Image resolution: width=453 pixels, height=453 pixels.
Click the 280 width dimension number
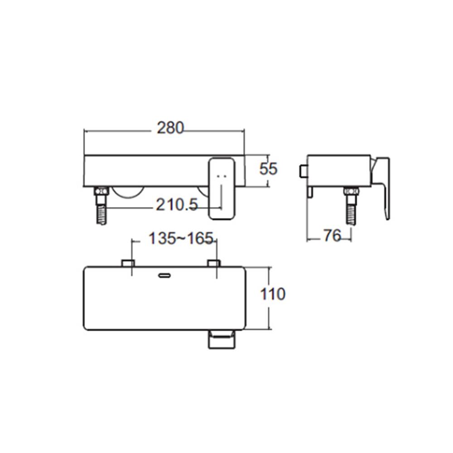[x=170, y=128]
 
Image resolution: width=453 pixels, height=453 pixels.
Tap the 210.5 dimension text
[x=177, y=205]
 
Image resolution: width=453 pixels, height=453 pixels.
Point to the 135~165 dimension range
[x=181, y=238]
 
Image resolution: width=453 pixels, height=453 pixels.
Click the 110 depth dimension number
[x=273, y=294]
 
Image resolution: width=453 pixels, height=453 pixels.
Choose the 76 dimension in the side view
[x=333, y=236]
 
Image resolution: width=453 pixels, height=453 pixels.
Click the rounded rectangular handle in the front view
[x=222, y=188]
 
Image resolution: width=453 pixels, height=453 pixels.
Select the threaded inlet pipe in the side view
[x=351, y=211]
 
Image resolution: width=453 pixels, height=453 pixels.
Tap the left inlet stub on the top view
[x=128, y=263]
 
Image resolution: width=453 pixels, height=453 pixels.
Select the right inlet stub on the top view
[x=213, y=263]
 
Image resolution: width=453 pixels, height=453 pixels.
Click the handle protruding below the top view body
[x=222, y=339]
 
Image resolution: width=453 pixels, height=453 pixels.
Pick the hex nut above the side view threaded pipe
[x=351, y=193]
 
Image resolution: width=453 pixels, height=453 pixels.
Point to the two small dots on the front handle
[x=222, y=175]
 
